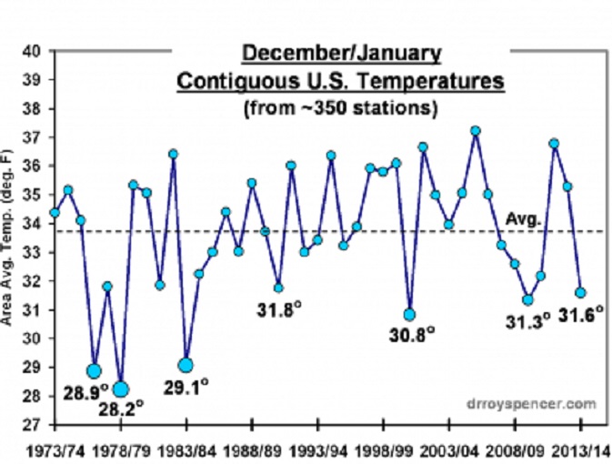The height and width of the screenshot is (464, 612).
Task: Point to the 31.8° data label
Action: [x=277, y=309]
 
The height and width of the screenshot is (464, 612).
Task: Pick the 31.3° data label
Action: [x=527, y=320]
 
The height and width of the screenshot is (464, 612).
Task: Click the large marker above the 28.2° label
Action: [x=121, y=390]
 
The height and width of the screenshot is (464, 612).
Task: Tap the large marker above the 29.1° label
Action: [x=186, y=365]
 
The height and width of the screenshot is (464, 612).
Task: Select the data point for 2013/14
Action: [x=580, y=293]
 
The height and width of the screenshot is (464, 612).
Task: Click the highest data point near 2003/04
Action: [x=475, y=131]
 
